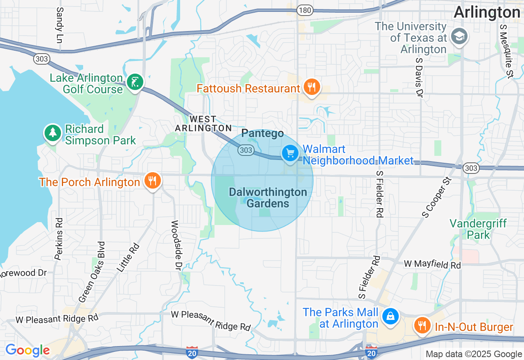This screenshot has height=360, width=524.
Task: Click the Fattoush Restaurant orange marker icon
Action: (312, 87)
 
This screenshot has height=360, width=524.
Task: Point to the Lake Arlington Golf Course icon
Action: (135, 82)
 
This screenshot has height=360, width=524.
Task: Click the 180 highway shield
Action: (305, 10)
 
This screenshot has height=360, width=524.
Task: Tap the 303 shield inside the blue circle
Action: (246, 151)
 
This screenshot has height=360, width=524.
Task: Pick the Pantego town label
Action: (262, 133)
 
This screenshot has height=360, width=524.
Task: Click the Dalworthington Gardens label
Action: (268, 198)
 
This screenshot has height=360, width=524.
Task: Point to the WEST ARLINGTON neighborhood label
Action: (203, 124)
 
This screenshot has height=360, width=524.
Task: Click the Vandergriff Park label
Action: (478, 229)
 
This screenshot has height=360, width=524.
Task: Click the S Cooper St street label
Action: (436, 198)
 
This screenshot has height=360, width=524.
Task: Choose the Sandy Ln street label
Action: (60, 19)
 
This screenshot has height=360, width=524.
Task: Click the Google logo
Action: (27, 350)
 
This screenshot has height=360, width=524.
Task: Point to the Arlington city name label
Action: (487, 12)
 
